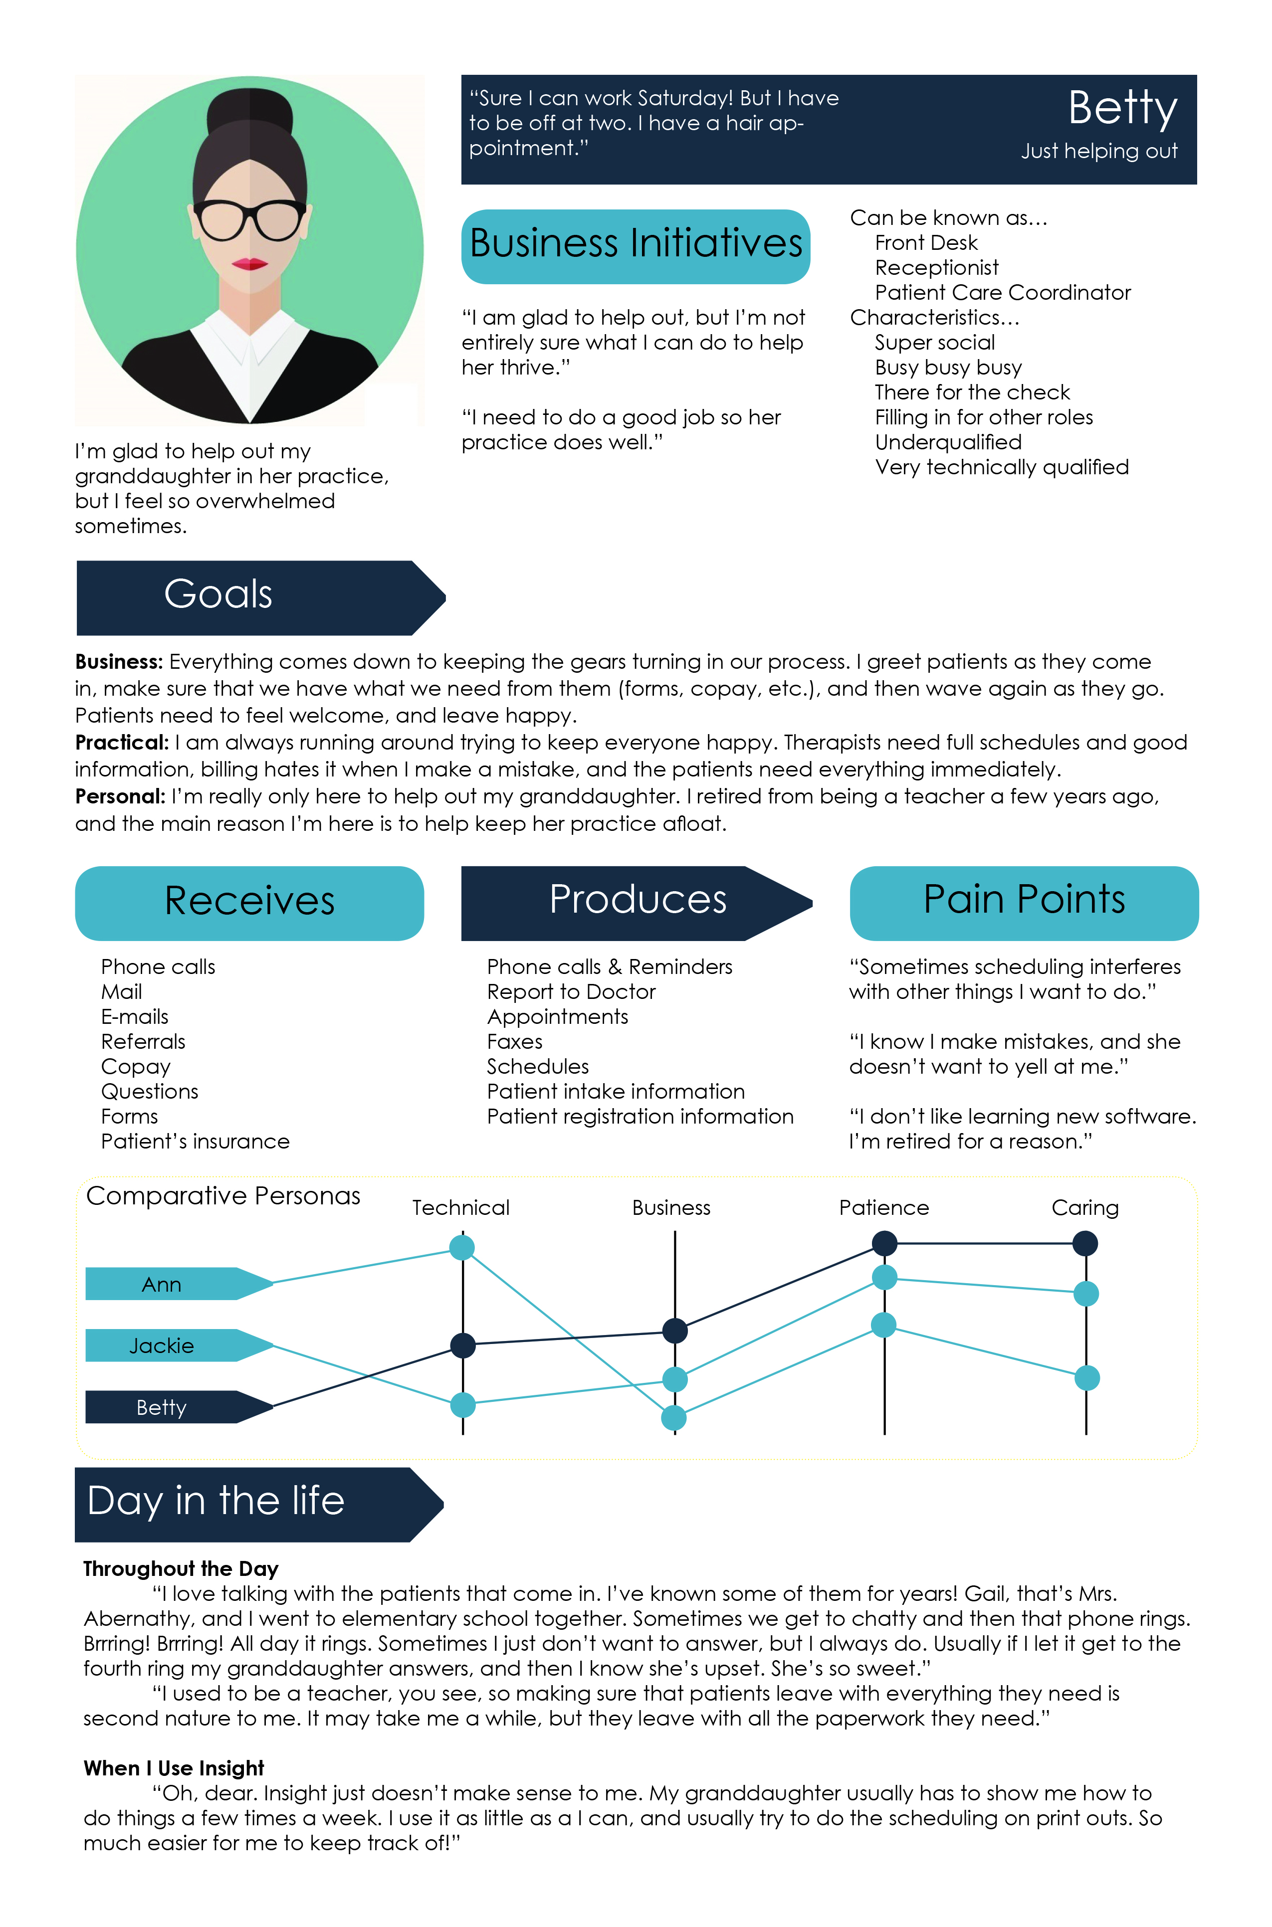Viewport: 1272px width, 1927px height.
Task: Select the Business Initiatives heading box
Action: click(x=635, y=246)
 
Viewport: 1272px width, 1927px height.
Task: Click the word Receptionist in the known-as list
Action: click(x=936, y=268)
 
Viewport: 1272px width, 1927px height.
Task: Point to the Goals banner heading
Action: click(x=218, y=594)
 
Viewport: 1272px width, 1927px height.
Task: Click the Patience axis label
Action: click(x=883, y=1208)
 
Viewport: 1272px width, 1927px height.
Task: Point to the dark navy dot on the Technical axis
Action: click(x=462, y=1346)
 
